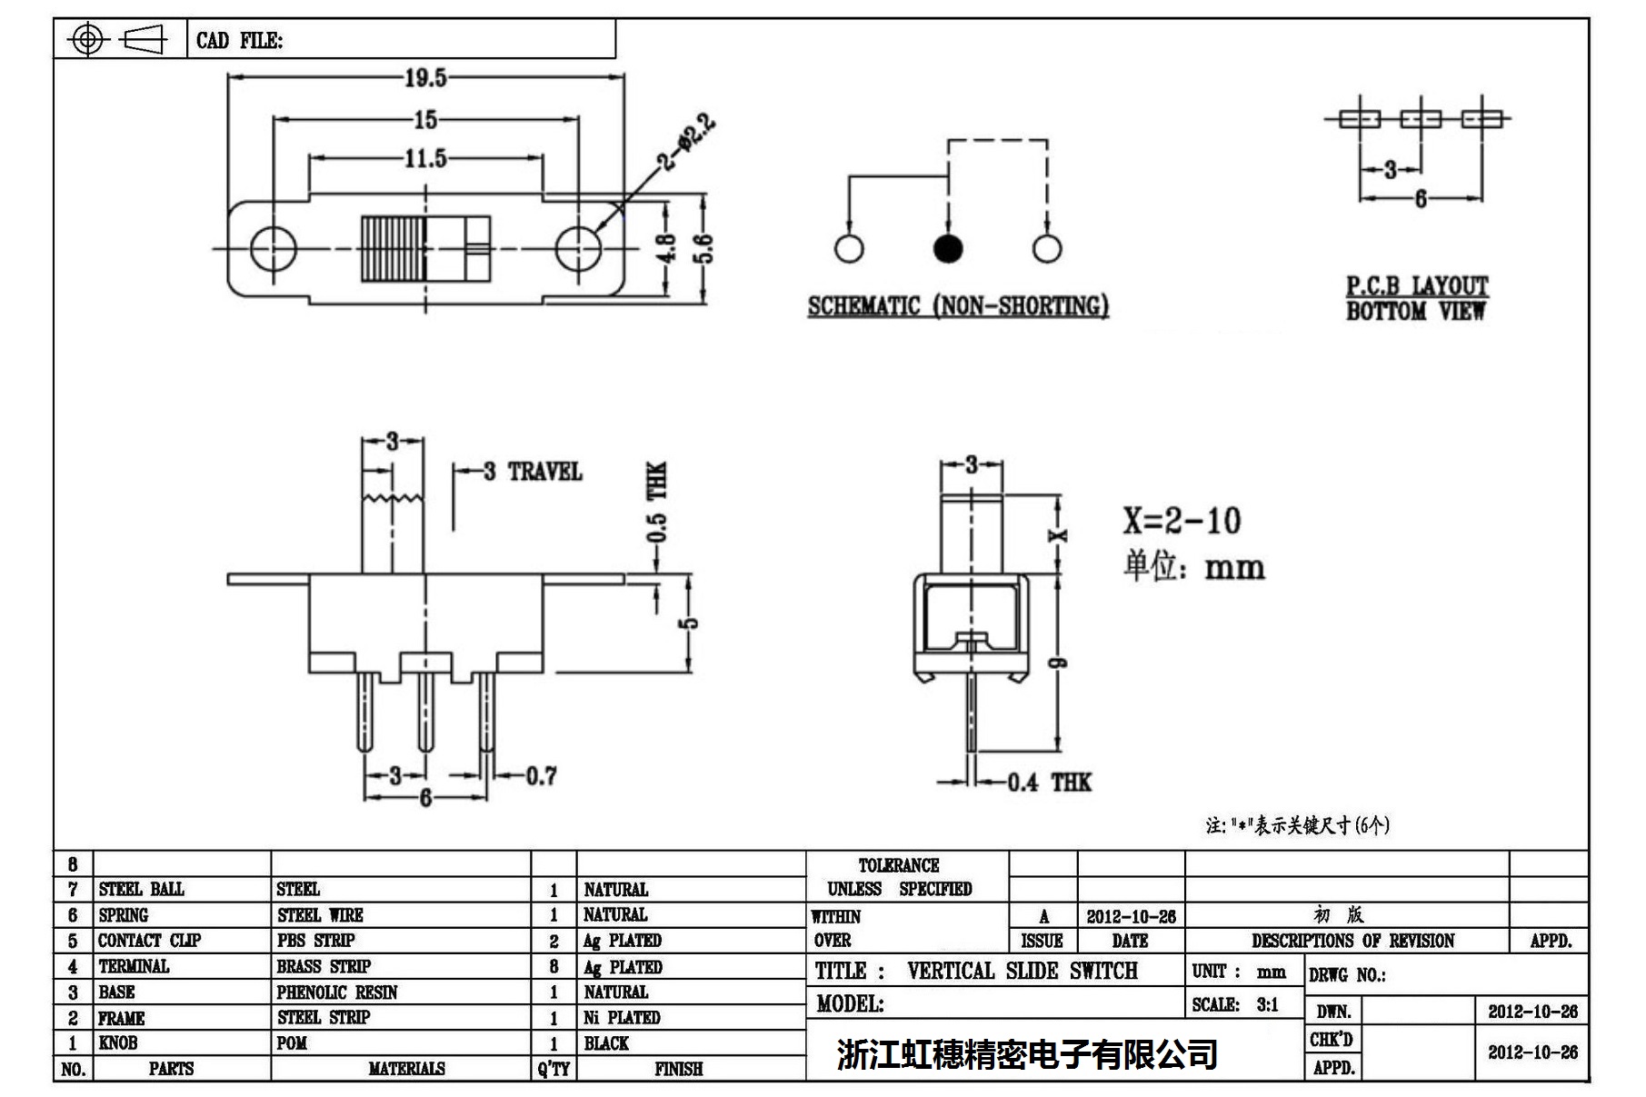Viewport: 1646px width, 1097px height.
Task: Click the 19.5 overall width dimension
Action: point(425,78)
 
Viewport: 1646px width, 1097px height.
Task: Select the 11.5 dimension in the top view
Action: point(425,159)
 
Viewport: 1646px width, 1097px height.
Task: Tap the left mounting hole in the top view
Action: point(273,248)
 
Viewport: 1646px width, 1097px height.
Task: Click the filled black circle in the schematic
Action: point(948,248)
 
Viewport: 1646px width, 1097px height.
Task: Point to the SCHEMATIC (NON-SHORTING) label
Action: point(958,306)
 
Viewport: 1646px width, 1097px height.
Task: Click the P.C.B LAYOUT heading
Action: point(1416,286)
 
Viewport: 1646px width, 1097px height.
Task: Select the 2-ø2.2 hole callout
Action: point(688,142)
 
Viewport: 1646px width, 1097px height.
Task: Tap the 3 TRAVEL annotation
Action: point(533,472)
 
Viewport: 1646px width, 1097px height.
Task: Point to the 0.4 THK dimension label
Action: point(1049,783)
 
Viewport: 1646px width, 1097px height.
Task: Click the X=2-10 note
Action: point(1181,521)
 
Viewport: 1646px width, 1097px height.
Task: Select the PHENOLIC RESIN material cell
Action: point(337,992)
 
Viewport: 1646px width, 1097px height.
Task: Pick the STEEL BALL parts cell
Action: point(141,889)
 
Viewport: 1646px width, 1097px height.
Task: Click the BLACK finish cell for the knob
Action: point(606,1043)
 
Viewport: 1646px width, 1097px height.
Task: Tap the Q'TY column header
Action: point(554,1069)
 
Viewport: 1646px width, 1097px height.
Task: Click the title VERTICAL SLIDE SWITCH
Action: point(1022,972)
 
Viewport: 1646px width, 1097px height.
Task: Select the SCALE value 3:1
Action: point(1267,1005)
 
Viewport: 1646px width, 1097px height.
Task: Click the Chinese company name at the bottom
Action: point(1027,1054)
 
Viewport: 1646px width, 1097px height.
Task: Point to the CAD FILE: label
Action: point(239,41)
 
